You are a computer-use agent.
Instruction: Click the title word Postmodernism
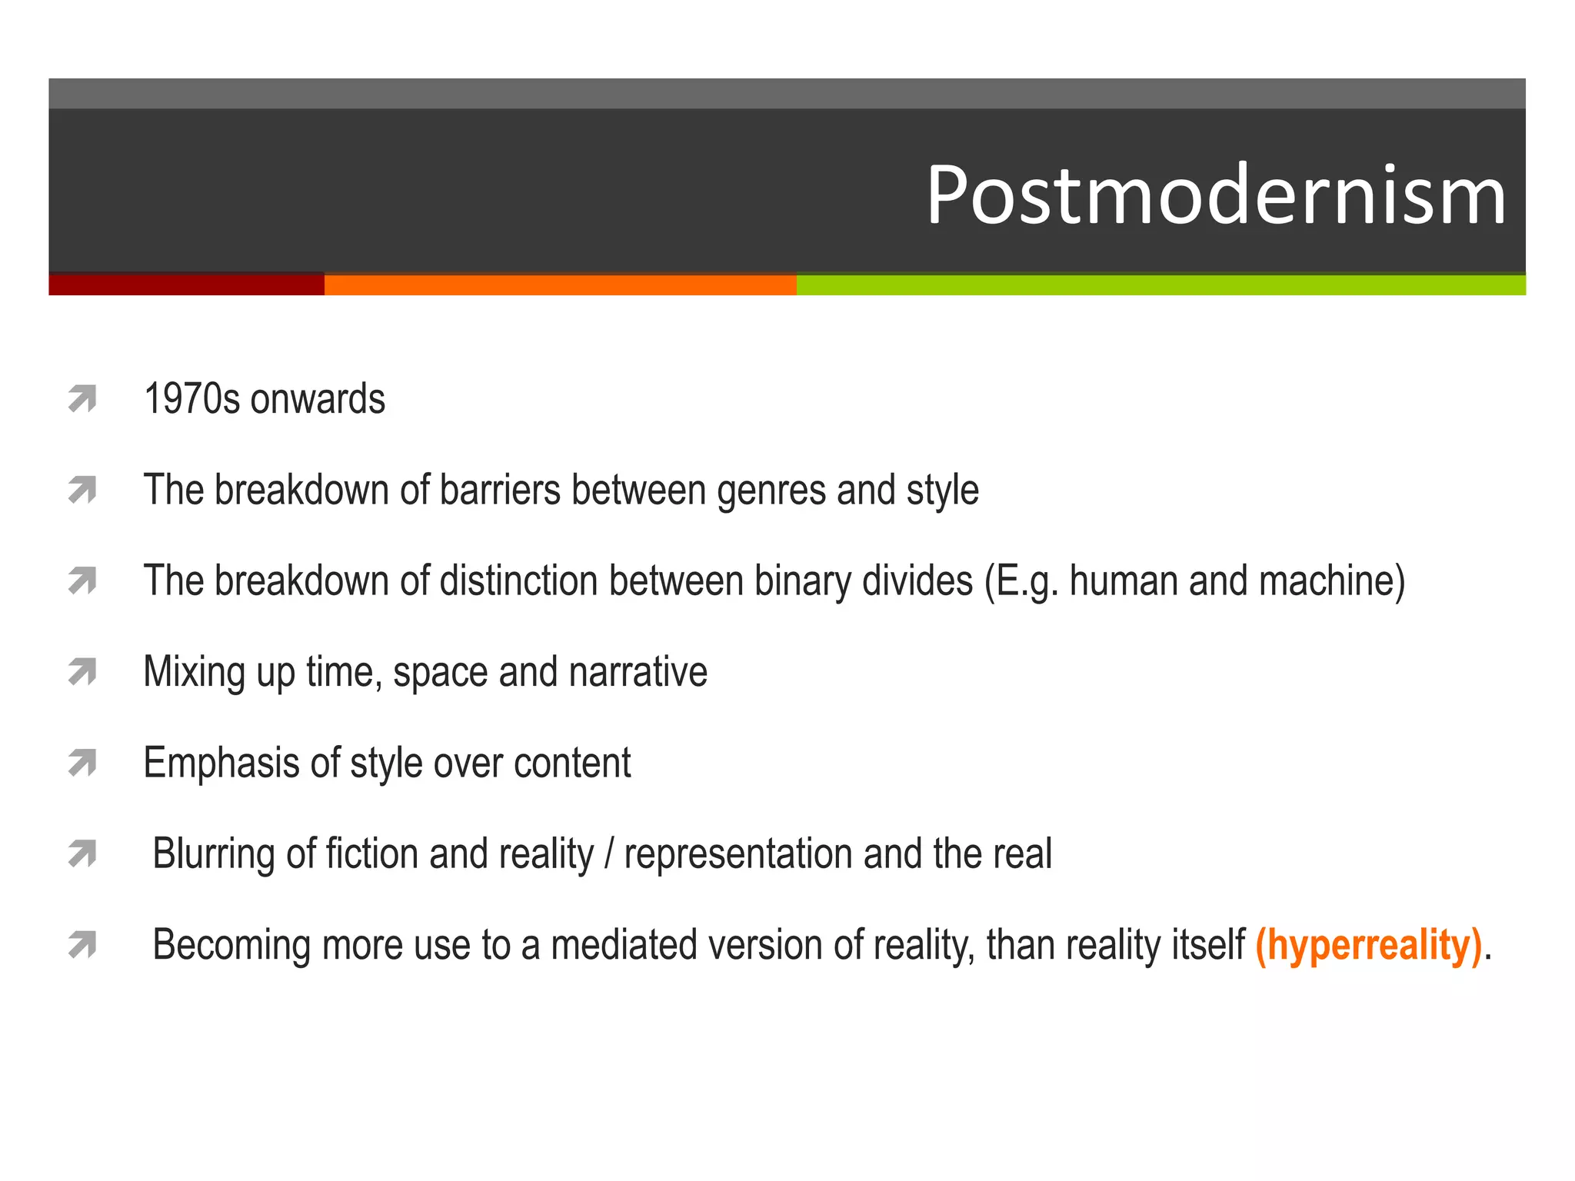1215,195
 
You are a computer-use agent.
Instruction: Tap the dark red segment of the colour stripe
186,284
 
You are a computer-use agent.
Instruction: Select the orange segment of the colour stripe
560,284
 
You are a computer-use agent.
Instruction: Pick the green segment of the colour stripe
1160,284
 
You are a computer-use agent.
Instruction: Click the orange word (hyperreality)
1368,945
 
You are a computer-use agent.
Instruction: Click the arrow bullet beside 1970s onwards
82,399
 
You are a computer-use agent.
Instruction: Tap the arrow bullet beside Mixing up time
82,672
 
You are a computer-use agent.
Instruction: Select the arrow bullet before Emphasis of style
82,763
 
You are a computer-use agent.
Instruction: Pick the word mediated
622,945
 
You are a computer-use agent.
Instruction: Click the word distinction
518,581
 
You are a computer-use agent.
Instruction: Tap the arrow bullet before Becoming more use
82,945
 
